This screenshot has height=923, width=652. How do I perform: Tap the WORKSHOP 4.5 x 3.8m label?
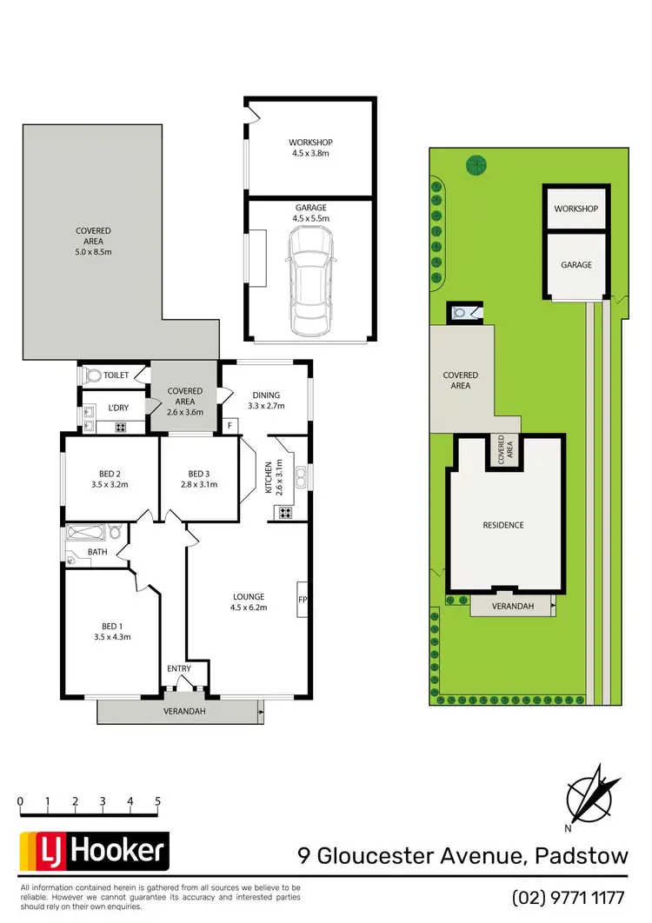click(x=310, y=148)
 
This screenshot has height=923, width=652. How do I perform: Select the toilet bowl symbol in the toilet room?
click(x=93, y=375)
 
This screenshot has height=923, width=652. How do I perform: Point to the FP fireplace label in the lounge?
click(x=303, y=600)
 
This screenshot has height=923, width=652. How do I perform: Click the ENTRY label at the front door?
click(x=179, y=668)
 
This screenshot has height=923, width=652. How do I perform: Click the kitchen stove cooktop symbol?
click(x=283, y=513)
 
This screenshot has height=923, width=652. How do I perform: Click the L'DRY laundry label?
click(x=118, y=408)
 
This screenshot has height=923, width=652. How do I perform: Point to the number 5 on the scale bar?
click(x=158, y=801)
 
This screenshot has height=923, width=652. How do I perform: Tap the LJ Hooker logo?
click(x=93, y=851)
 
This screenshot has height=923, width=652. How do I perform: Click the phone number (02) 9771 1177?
click(x=569, y=897)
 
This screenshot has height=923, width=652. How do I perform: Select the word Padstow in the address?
click(x=578, y=855)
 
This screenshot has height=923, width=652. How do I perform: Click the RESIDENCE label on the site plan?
click(x=503, y=525)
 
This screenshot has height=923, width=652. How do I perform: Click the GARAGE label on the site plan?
click(x=575, y=265)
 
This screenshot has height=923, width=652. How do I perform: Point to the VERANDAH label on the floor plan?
click(x=182, y=712)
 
